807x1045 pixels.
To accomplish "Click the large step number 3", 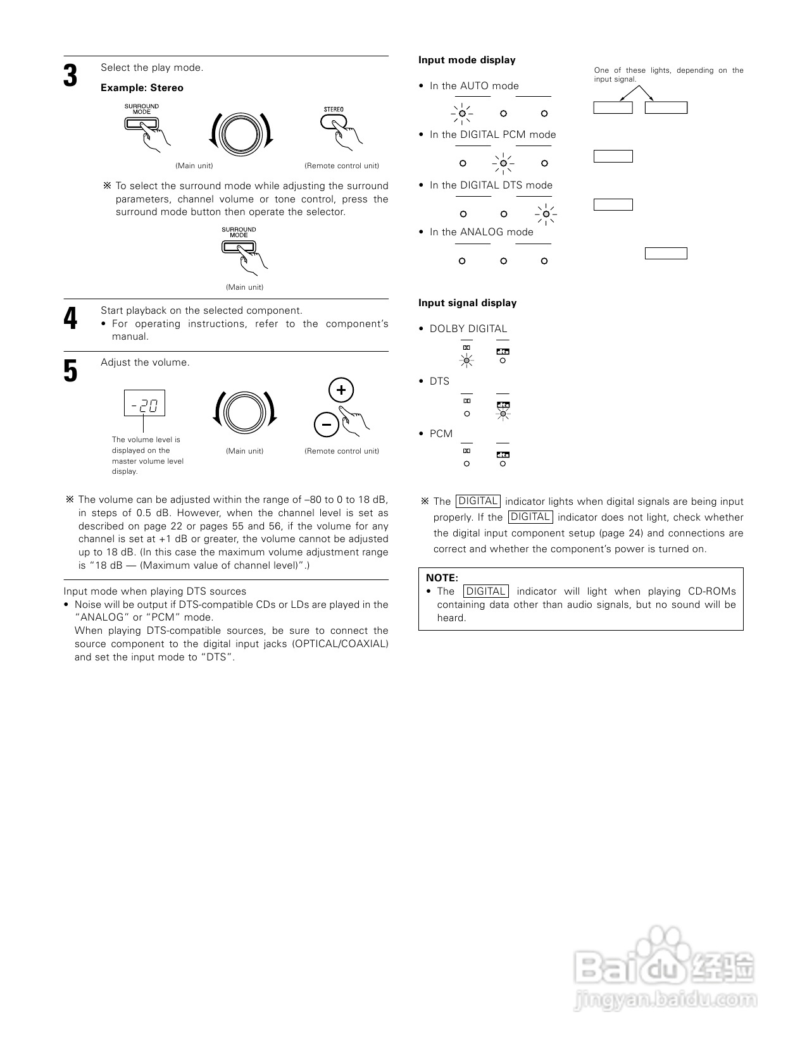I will [70, 76].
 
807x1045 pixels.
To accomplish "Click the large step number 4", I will [70, 318].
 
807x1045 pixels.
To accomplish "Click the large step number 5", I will [70, 371].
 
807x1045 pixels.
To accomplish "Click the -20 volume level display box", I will [144, 403].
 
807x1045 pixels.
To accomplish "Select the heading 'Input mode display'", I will [466, 60].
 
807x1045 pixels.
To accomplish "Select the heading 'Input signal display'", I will [467, 303].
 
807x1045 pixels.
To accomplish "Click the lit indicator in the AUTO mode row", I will [463, 114].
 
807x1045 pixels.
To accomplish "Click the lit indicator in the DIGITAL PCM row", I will [503, 163].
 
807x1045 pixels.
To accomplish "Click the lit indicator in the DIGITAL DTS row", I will [545, 214].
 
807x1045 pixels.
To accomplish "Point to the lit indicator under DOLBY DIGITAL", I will [466, 361].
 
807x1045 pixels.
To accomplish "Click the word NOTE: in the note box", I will [442, 578].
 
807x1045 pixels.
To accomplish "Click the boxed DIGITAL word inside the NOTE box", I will [486, 591].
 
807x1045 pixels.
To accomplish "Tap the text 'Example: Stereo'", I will [142, 88].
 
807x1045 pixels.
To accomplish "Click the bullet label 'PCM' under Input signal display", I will [441, 434].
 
